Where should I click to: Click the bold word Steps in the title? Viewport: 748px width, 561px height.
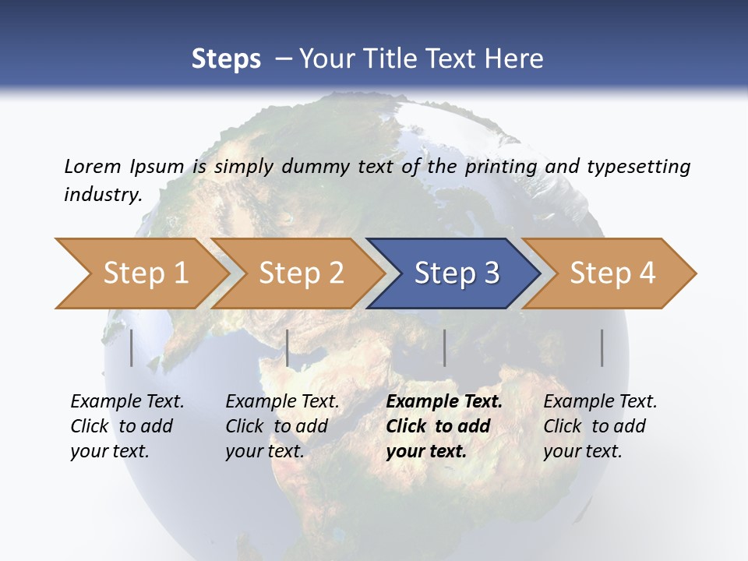(x=226, y=58)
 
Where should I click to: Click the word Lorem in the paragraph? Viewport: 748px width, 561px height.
(x=91, y=166)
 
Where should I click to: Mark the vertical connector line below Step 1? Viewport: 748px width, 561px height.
(x=132, y=348)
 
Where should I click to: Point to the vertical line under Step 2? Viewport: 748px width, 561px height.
(x=288, y=348)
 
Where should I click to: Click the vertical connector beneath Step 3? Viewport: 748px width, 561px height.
(x=444, y=348)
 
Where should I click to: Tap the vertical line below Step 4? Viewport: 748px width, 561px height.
(x=602, y=348)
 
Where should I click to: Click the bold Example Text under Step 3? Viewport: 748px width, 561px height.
(x=444, y=402)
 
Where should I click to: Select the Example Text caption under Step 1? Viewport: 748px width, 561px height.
(x=127, y=402)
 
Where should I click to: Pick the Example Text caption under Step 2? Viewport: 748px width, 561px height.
(x=282, y=402)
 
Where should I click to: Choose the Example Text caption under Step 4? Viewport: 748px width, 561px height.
(x=600, y=402)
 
